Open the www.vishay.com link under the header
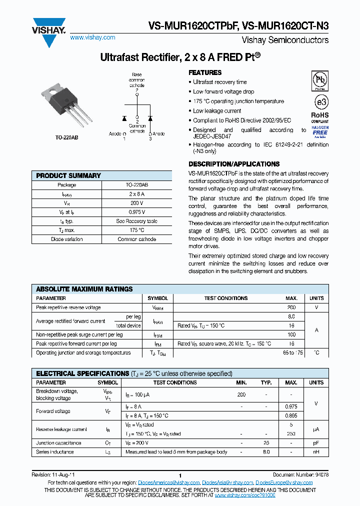click(92, 37)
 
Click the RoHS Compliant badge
click(320, 117)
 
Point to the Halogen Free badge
click(320, 131)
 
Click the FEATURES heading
click(205, 72)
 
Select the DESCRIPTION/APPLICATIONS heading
click(233, 164)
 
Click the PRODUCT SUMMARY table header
click(68, 175)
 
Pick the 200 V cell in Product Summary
click(136, 203)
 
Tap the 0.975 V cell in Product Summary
click(136, 212)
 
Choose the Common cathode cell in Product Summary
click(136, 239)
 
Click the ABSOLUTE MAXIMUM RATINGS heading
click(84, 289)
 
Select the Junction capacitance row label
click(55, 443)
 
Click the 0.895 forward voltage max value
click(291, 415)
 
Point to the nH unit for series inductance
click(316, 452)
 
